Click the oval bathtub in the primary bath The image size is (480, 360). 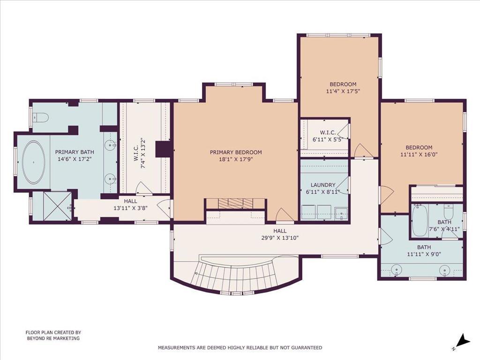[34, 162]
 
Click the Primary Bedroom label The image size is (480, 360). [236, 152]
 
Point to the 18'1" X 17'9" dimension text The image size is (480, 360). [236, 159]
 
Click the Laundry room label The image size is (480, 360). [323, 185]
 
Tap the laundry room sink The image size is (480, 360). [341, 213]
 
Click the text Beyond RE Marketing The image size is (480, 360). [53, 338]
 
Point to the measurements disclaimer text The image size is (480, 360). [240, 347]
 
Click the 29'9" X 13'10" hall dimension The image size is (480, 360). [280, 238]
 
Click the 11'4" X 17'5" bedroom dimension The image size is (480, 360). [343, 91]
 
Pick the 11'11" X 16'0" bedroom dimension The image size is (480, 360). [419, 155]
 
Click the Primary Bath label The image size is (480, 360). [75, 152]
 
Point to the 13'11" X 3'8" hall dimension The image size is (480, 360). [131, 208]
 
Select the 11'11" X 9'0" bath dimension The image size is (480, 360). [424, 254]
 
